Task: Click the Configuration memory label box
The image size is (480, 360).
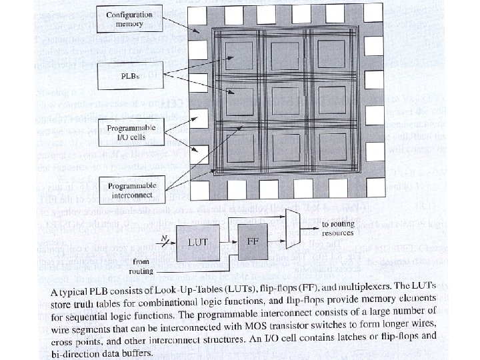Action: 129,19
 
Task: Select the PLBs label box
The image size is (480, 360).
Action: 129,76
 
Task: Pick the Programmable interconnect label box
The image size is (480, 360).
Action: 129,190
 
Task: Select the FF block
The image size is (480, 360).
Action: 253,242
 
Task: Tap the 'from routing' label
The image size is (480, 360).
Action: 142,267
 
